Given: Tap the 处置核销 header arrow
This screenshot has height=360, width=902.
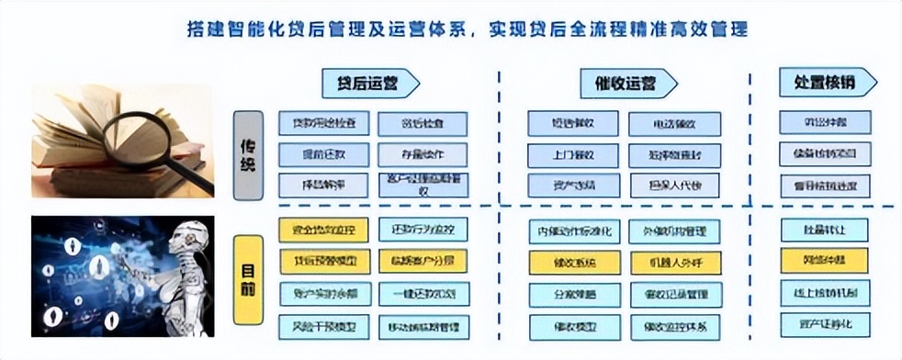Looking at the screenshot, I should pyautogui.click(x=826, y=82).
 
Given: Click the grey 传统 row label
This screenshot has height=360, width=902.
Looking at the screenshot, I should pyautogui.click(x=248, y=155).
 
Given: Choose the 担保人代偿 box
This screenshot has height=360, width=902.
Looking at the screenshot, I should pyautogui.click(x=675, y=185).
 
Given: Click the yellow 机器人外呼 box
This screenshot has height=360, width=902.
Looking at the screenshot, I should pyautogui.click(x=675, y=262).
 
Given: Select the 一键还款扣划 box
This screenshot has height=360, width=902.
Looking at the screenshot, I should pyautogui.click(x=423, y=293).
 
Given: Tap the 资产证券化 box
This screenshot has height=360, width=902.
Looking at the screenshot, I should pyautogui.click(x=824, y=323).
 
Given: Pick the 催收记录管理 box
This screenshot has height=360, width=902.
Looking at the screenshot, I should pyautogui.click(x=675, y=294).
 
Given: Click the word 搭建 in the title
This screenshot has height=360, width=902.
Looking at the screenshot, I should pyautogui.click(x=195, y=28).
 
